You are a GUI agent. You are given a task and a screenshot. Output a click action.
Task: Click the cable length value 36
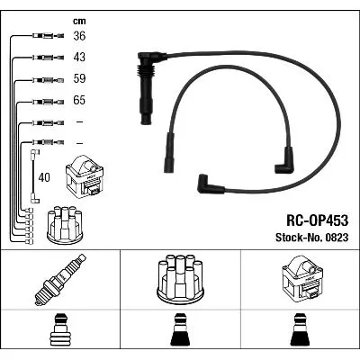(79, 36)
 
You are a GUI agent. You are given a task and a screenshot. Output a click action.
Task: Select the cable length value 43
(79, 58)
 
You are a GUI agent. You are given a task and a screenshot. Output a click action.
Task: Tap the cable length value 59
(79, 78)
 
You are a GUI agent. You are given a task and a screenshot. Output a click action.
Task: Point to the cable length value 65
(79, 100)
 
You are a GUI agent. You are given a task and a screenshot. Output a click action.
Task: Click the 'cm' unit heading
(79, 21)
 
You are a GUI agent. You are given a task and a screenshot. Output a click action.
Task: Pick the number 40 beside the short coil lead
(44, 177)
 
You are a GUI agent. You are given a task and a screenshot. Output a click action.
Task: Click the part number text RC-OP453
(318, 220)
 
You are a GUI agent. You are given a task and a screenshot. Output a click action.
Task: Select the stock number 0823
(336, 238)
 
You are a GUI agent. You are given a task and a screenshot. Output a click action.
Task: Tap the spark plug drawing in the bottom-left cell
(60, 280)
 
